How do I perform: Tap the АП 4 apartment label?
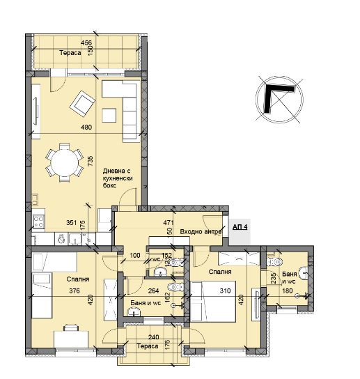240,227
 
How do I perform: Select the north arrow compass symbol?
279,99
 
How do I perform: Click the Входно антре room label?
201,231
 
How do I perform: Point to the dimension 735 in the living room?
90,161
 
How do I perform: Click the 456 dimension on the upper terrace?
86,43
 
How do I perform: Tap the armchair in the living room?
82,104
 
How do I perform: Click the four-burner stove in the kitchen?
38,222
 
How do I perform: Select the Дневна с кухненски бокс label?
118,178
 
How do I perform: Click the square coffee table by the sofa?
109,115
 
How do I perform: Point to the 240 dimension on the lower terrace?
154,337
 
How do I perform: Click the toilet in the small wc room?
176,262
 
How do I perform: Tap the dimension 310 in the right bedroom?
225,291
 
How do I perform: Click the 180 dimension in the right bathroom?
288,291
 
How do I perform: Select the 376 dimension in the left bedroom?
75,291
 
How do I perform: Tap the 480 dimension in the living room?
86,127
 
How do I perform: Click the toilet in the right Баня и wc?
275,261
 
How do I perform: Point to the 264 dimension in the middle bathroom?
153,291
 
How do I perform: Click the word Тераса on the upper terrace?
70,53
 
